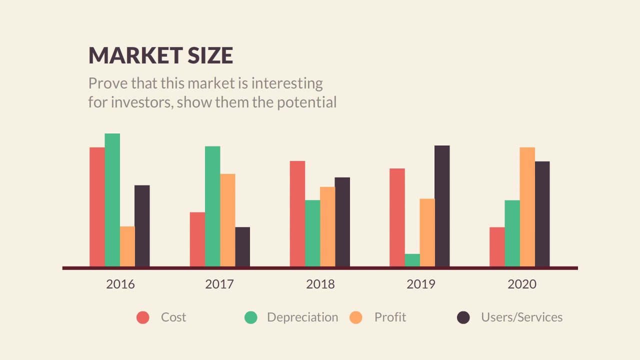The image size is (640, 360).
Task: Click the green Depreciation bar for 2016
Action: (x=112, y=200)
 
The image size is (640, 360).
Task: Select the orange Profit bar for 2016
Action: (x=127, y=246)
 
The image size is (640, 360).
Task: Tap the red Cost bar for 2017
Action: (x=197, y=239)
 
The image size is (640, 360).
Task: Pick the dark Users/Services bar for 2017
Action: (x=242, y=247)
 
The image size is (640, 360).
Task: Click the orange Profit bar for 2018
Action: (x=327, y=226)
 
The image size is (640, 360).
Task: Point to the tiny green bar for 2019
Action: (x=412, y=260)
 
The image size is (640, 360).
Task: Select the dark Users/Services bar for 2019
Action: (x=442, y=206)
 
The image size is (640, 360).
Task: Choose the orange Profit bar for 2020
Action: (x=527, y=207)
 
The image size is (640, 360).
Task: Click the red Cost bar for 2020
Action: (x=497, y=247)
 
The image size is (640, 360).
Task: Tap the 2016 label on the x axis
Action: (x=120, y=284)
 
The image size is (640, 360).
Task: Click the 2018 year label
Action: (x=320, y=284)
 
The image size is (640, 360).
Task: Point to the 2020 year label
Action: (x=521, y=284)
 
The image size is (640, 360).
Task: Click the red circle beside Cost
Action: (x=143, y=317)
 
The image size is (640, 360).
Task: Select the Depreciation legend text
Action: (x=302, y=317)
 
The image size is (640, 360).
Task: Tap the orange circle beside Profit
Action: (x=356, y=317)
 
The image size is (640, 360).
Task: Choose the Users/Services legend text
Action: (x=521, y=317)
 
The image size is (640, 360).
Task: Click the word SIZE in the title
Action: (x=210, y=55)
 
